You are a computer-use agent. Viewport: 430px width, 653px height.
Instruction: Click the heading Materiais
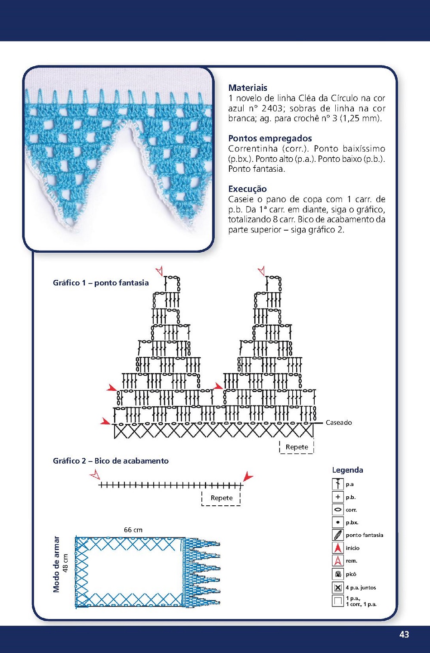click(x=247, y=88)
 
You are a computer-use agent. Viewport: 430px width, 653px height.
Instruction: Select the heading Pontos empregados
click(x=270, y=138)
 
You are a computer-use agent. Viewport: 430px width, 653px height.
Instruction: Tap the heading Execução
click(x=247, y=189)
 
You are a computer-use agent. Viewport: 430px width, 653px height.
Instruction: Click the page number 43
click(x=404, y=634)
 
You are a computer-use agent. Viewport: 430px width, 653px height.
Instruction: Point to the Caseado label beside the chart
click(x=339, y=423)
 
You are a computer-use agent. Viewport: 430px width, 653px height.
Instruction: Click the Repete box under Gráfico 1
click(x=297, y=447)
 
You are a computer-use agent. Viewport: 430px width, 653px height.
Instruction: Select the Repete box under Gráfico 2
click(x=221, y=498)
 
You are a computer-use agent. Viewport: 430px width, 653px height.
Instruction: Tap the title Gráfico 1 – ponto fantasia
click(x=101, y=283)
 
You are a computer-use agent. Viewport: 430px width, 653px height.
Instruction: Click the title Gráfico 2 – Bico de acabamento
click(x=111, y=461)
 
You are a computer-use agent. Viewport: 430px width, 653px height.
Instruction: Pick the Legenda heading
click(x=347, y=470)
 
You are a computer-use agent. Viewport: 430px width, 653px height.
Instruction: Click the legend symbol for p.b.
click(x=338, y=497)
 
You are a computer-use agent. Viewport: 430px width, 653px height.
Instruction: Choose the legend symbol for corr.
click(x=338, y=510)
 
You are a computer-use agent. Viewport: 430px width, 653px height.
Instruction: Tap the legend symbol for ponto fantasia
click(x=338, y=535)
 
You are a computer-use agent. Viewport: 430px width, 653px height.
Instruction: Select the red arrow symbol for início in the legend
click(x=338, y=548)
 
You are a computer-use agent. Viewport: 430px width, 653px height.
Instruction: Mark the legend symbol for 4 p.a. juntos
click(x=338, y=588)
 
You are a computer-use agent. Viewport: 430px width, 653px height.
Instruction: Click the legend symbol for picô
click(x=338, y=574)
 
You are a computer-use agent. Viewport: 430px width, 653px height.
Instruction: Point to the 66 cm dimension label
click(x=133, y=530)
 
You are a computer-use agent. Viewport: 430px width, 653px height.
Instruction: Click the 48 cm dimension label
click(x=66, y=563)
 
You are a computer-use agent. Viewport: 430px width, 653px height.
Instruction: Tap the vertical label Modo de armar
click(x=56, y=564)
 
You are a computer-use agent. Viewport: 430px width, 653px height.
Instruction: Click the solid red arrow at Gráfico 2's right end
click(x=247, y=477)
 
